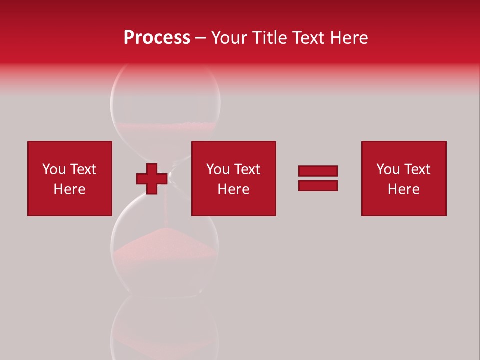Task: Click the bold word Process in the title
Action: tap(157, 38)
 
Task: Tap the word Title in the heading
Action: tap(269, 38)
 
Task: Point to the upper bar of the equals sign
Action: tap(318, 171)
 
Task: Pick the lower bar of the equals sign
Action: tap(318, 185)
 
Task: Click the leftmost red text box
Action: tap(70, 178)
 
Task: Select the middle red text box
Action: tap(233, 178)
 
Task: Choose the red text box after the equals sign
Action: tap(404, 178)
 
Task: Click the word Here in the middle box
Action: tap(233, 189)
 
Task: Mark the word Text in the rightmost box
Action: tap(417, 169)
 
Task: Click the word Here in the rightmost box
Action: tap(404, 189)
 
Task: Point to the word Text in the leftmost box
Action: tap(83, 169)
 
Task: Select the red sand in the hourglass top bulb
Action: tap(165, 131)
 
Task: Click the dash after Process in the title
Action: tap(201, 38)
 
